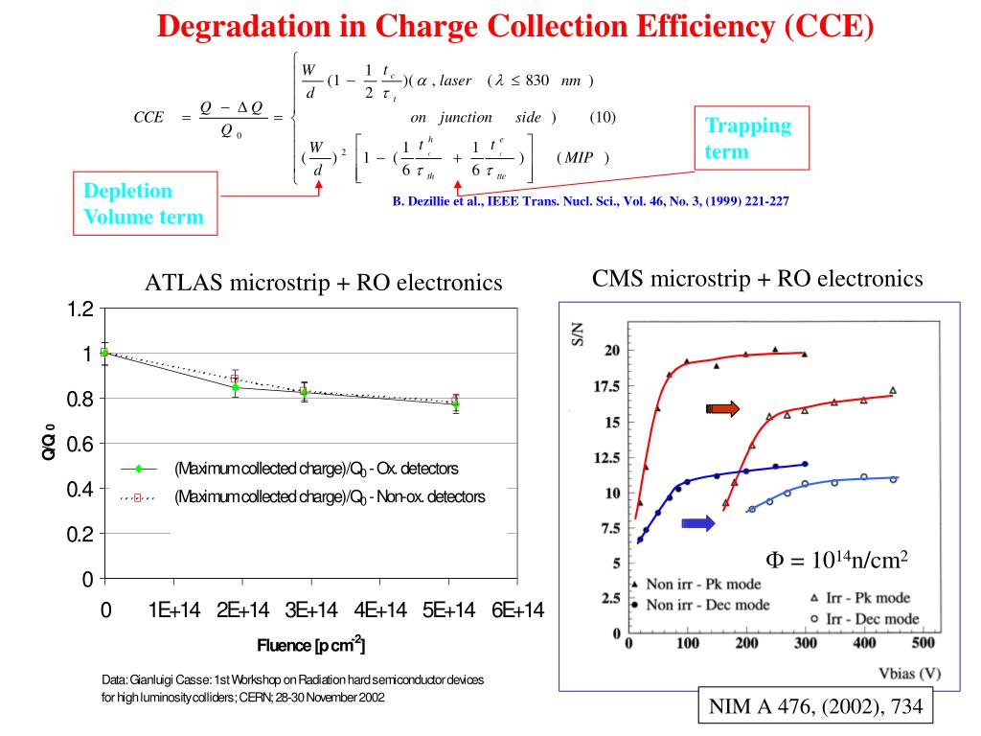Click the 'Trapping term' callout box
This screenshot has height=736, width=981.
tap(748, 139)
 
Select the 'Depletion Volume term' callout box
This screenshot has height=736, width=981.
tap(144, 203)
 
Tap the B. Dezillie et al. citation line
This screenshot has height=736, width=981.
tap(590, 202)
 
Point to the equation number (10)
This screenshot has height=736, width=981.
tap(602, 117)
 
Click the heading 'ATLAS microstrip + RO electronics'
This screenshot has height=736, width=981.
tap(324, 283)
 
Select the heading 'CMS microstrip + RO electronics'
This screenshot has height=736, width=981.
tap(758, 279)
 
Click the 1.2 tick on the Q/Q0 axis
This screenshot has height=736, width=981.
tap(80, 309)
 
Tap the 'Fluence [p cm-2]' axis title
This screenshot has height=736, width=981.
tap(310, 645)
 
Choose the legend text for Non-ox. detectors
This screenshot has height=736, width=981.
tap(330, 496)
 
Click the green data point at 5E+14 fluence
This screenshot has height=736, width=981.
tap(455, 404)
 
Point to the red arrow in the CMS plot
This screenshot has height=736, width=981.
tap(723, 409)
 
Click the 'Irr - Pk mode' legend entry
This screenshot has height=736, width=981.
tap(862, 598)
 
